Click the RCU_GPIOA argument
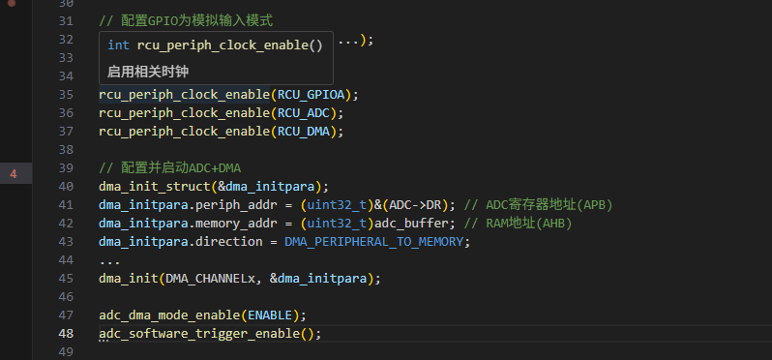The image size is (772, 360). tap(312, 95)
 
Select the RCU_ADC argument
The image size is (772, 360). tap(304, 113)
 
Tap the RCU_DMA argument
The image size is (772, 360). tap(304, 132)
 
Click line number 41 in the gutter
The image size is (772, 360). tap(66, 205)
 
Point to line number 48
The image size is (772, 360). tap(66, 334)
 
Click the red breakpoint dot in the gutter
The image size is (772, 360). tap(12, 3)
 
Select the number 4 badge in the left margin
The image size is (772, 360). tap(14, 174)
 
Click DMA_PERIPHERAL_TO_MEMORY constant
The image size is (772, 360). tap(374, 242)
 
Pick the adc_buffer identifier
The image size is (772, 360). tap(411, 224)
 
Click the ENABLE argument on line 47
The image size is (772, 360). tap(270, 315)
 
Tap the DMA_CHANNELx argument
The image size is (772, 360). tap(211, 279)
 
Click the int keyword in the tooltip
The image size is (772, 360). tap(118, 45)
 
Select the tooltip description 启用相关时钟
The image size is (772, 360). tap(148, 72)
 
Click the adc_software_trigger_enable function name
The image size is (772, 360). tap(199, 334)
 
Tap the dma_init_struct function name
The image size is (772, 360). tap(155, 187)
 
